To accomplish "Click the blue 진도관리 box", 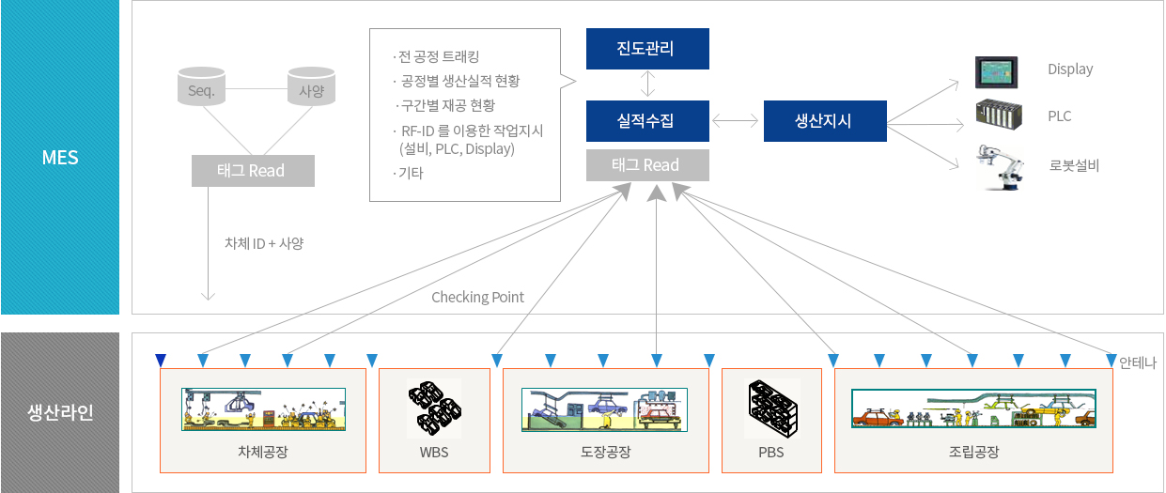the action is click(x=647, y=49).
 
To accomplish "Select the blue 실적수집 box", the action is click(x=647, y=121).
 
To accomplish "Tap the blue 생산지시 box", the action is click(x=825, y=121).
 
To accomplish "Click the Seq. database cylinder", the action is click(x=201, y=86).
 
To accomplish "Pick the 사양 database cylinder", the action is click(x=311, y=86).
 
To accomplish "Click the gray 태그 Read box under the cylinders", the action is click(x=253, y=171).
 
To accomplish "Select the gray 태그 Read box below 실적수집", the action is click(x=647, y=165).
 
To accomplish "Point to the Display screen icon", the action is click(x=996, y=72).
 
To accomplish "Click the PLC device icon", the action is click(x=999, y=115).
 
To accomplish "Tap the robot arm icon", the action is click(x=1000, y=167).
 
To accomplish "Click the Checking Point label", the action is click(x=477, y=297).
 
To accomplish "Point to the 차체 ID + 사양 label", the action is click(x=264, y=243).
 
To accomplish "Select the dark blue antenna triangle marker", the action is click(x=161, y=360).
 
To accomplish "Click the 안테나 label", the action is click(x=1138, y=362).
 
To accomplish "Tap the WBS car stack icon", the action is click(x=434, y=408).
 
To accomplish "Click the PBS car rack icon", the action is click(x=772, y=408).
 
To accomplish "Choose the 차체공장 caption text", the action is click(x=263, y=452).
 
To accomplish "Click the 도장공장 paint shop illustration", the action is click(x=604, y=409).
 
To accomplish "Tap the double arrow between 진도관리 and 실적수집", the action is click(x=647, y=84).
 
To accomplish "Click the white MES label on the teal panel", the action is click(x=60, y=157).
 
